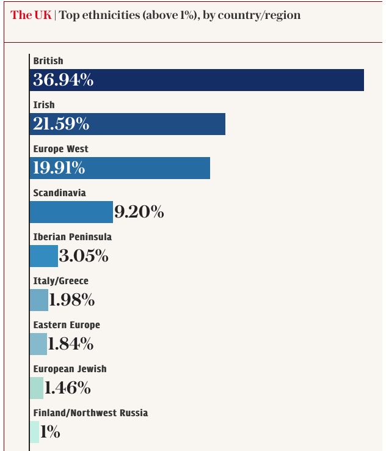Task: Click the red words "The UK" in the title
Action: coord(31,15)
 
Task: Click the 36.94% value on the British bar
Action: coord(64,80)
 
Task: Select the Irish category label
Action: coord(44,105)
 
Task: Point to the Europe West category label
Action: coord(61,149)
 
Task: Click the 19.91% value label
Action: coord(59,168)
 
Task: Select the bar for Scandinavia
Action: coord(71,212)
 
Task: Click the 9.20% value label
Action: coord(139,212)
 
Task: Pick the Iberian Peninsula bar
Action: coord(43,256)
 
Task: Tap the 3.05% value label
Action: coord(84,256)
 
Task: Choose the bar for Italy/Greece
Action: coord(38,300)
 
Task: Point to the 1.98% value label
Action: coord(72,300)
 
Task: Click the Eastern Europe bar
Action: coord(38,344)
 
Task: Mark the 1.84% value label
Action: coord(71,344)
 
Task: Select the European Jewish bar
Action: coord(36,388)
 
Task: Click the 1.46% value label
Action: coord(68,388)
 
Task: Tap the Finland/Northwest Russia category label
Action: coord(90,413)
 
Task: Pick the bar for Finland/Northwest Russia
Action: coord(34,432)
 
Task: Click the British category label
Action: coord(48,61)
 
